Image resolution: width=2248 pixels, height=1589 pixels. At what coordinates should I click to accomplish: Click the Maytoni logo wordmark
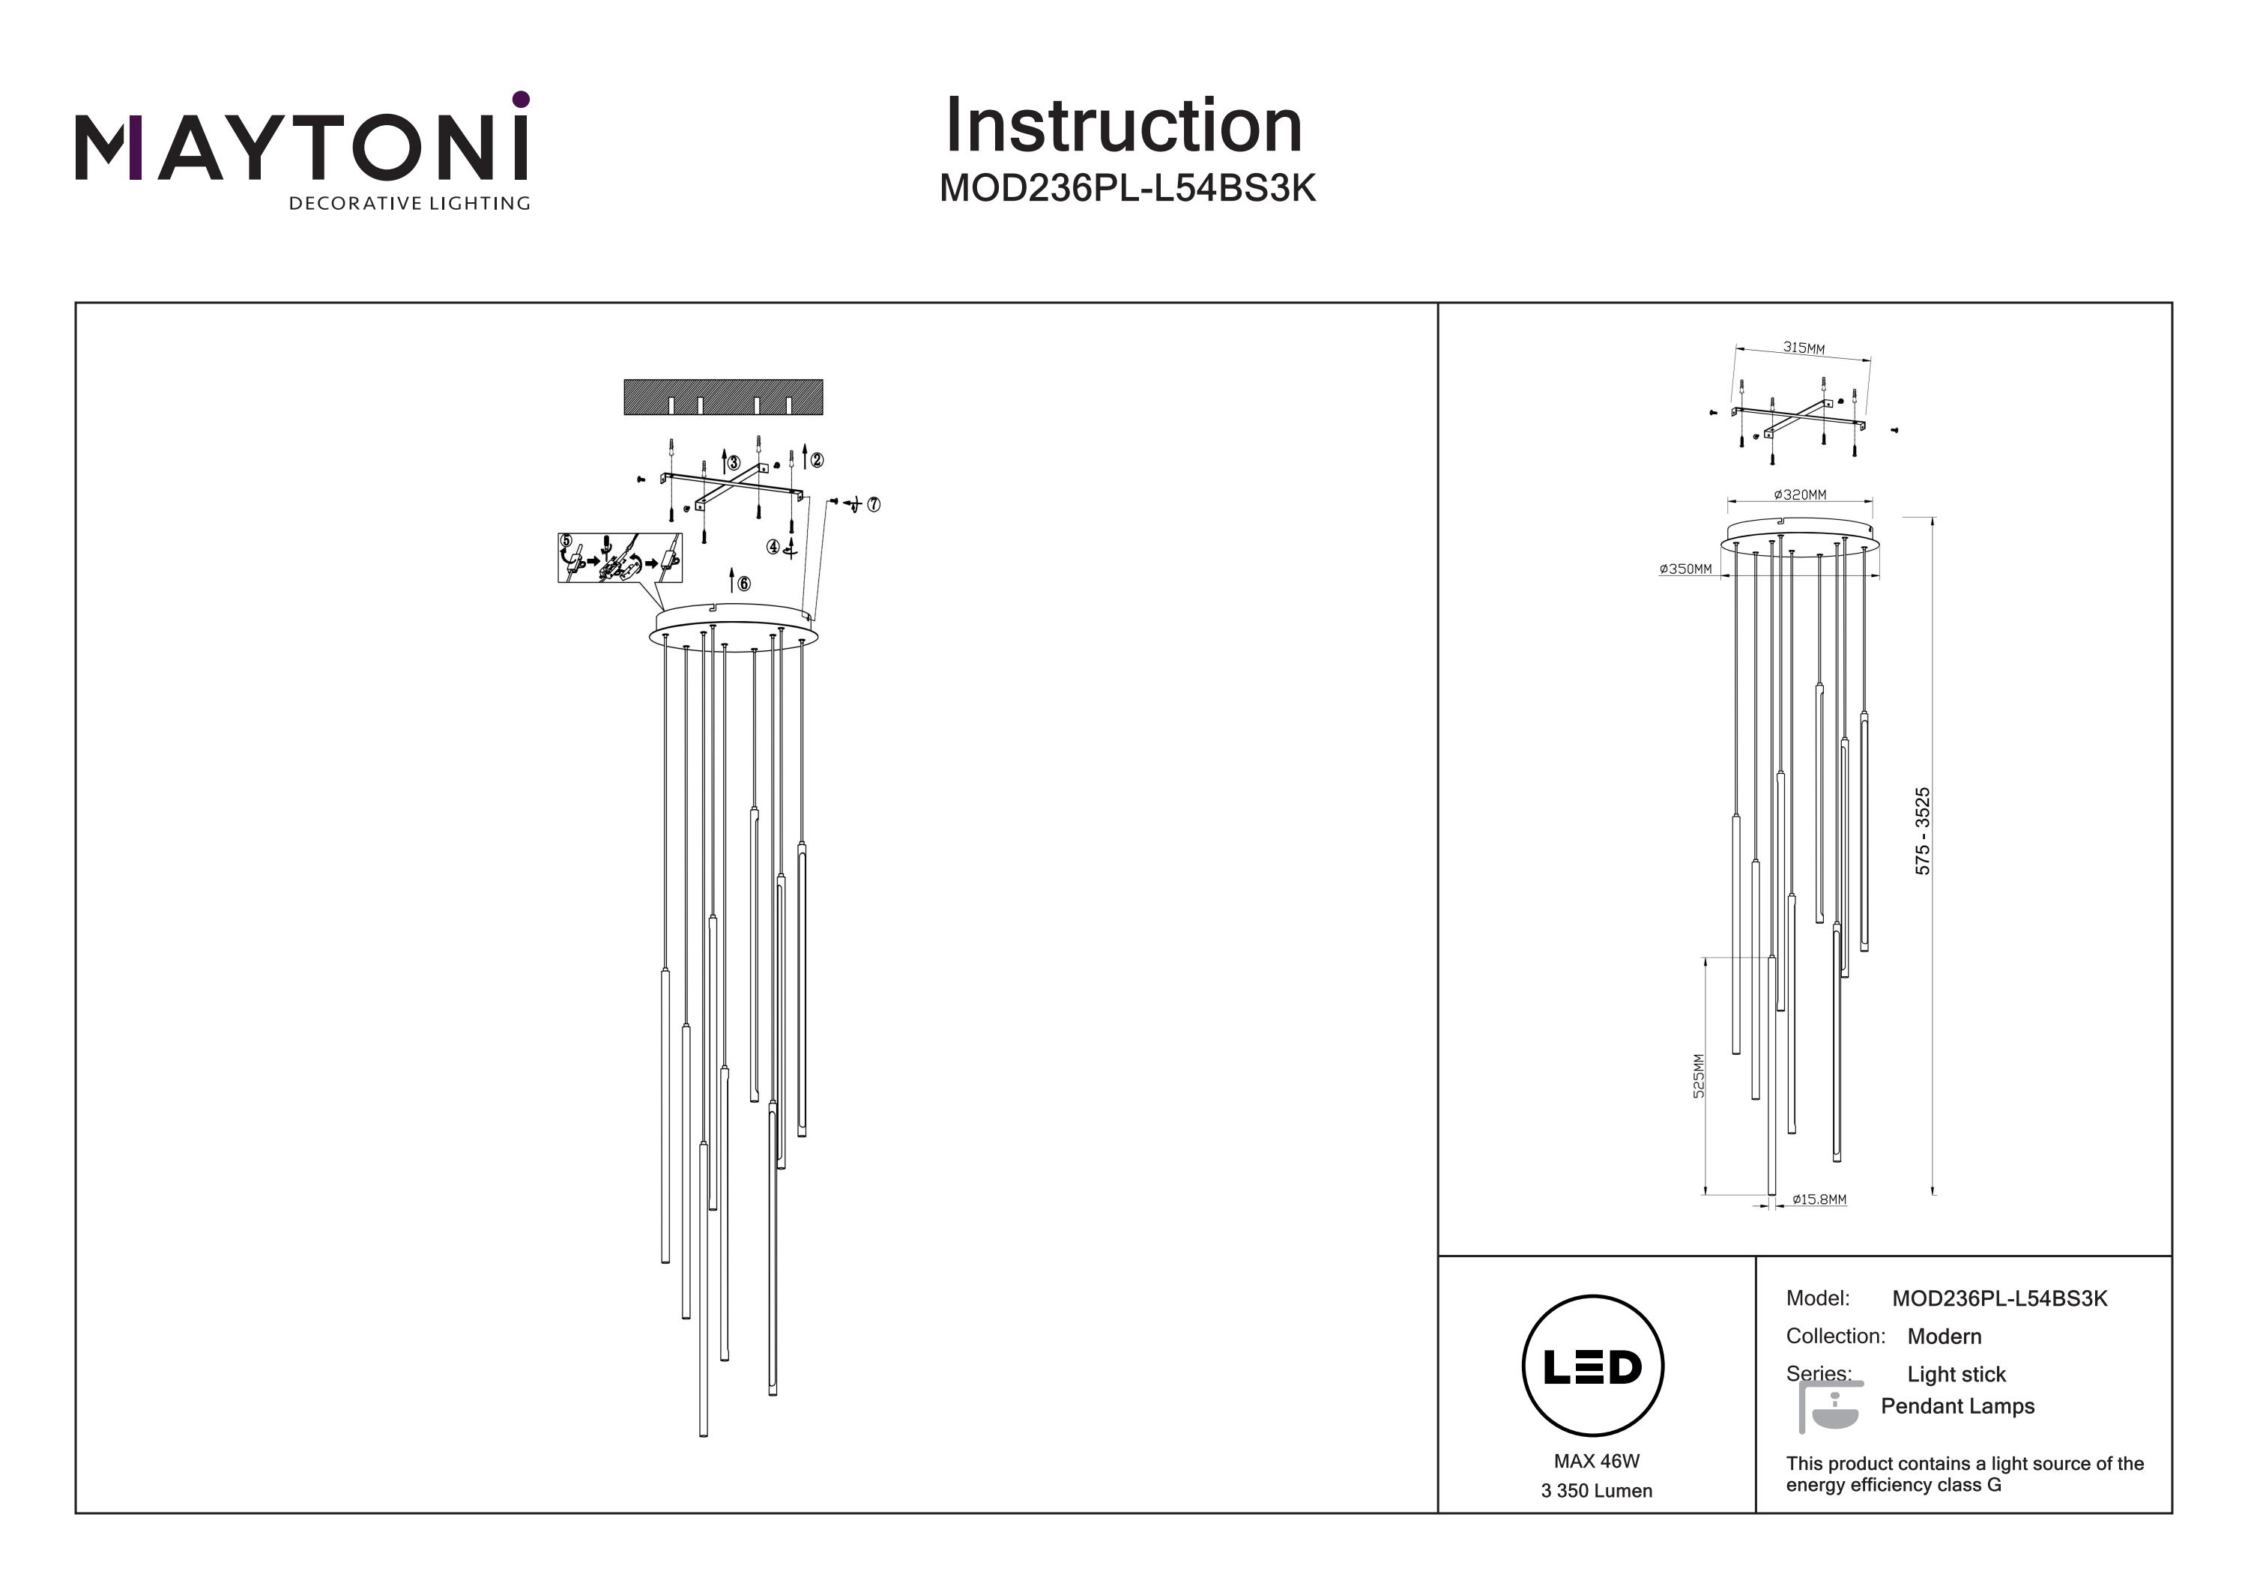tap(301, 147)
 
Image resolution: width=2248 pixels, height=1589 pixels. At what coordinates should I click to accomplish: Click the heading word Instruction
tap(1123, 127)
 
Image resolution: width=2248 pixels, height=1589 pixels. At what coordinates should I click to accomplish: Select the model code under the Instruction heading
tap(1127, 188)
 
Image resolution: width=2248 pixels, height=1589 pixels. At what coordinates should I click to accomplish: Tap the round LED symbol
tap(1592, 1366)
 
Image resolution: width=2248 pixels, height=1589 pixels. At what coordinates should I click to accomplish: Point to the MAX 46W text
tap(1596, 1462)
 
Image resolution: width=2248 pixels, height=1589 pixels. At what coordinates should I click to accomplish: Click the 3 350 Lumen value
tap(1596, 1491)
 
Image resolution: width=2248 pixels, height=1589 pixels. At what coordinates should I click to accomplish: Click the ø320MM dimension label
tap(1800, 495)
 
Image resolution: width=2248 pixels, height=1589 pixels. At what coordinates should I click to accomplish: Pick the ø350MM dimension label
tap(1686, 569)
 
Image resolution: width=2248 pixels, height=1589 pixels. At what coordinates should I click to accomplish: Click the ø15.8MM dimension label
tap(1819, 1199)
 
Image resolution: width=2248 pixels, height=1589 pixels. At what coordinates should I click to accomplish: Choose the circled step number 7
tap(874, 504)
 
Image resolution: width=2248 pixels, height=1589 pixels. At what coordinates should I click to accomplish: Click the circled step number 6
tap(744, 584)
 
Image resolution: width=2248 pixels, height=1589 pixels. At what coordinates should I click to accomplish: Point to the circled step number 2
tap(817, 459)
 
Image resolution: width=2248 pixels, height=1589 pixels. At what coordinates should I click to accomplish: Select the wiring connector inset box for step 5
tap(619, 558)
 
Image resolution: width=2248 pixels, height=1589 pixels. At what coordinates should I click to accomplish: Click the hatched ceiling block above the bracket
tap(722, 398)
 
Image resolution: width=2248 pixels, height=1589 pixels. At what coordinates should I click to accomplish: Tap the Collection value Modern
tap(1944, 1337)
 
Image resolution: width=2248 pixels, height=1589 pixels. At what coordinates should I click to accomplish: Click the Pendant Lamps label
tap(1957, 1406)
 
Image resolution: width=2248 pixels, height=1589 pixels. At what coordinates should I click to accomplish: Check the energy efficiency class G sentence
tap(1964, 1474)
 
